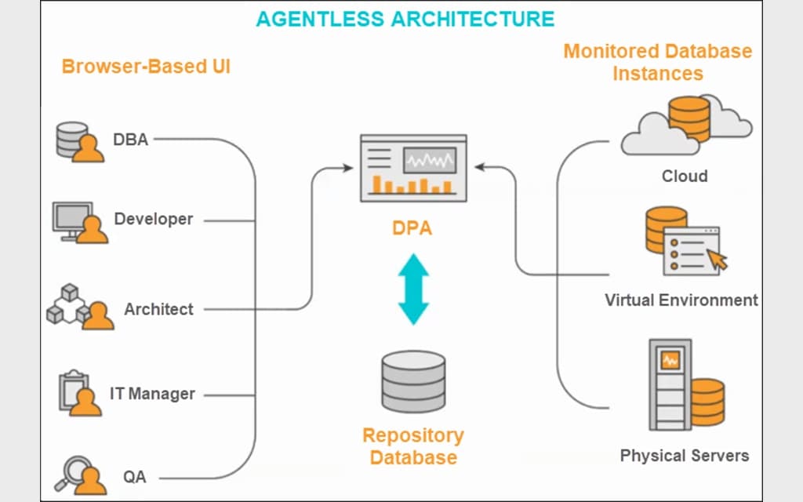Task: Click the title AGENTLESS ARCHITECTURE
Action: point(405,19)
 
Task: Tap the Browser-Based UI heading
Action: point(146,67)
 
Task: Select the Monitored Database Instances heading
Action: point(657,62)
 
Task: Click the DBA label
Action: point(130,140)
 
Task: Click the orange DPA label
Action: point(412,229)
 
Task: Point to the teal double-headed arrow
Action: point(413,289)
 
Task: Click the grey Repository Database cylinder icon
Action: point(412,383)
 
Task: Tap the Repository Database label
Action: point(412,446)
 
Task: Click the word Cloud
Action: point(684,176)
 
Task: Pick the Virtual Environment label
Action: point(681,300)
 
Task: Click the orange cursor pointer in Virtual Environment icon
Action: point(716,259)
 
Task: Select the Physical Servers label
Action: point(684,455)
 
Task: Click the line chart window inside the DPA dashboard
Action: point(429,161)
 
